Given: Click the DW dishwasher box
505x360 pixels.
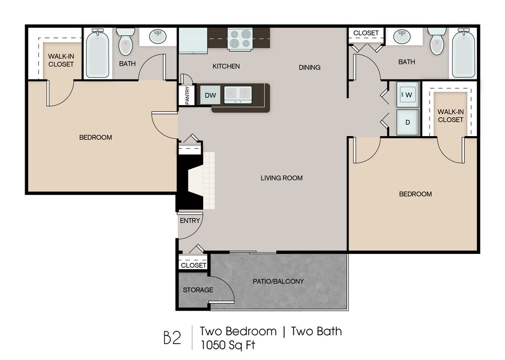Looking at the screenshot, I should click(210, 95).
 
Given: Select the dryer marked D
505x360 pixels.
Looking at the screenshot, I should click(408, 122).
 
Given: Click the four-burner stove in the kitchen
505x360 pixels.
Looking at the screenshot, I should click(240, 39).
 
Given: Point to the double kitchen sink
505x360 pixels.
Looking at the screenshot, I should click(238, 94).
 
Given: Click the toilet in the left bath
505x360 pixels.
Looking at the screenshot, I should click(126, 42).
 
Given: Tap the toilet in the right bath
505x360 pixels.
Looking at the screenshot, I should click(437, 42).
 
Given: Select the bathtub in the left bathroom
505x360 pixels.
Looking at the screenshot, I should click(98, 53).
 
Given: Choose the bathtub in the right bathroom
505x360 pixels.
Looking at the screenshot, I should click(463, 53).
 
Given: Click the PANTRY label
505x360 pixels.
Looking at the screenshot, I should click(187, 96).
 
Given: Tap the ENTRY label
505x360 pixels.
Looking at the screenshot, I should click(190, 220).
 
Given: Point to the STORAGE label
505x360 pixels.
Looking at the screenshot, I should click(198, 289).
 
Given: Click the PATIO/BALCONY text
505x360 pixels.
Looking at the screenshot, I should click(279, 282).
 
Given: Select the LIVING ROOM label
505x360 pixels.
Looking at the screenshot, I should click(282, 178).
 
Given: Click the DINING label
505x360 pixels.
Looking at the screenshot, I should click(309, 68).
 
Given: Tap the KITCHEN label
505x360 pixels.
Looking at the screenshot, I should click(226, 66).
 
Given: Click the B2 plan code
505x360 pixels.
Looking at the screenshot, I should click(173, 338).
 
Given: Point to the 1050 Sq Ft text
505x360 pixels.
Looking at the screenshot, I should click(227, 344).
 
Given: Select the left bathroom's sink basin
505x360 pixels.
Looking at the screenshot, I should click(158, 36).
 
